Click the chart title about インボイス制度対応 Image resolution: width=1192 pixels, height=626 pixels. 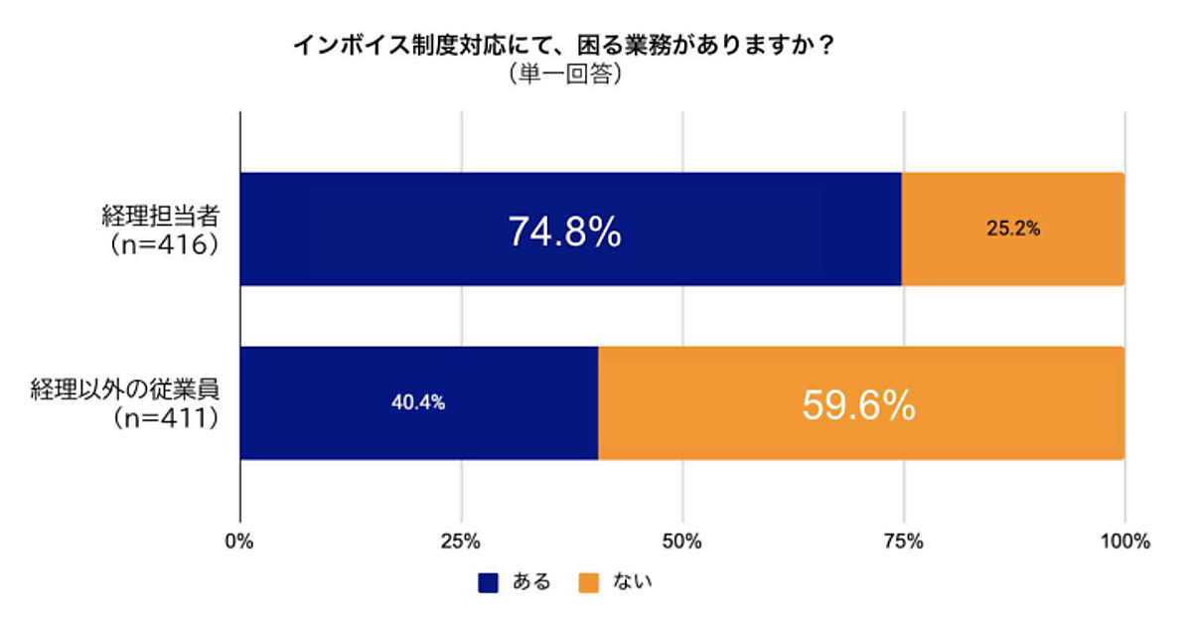(x=562, y=46)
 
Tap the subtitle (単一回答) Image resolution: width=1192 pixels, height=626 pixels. (x=562, y=74)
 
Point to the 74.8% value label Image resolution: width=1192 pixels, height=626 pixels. (x=564, y=232)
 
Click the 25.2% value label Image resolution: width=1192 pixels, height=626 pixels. (x=1013, y=230)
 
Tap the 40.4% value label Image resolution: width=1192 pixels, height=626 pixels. (x=417, y=403)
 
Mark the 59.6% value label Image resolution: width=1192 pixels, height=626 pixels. (x=858, y=404)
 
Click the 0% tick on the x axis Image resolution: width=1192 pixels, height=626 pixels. (x=239, y=543)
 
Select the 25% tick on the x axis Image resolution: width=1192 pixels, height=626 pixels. (x=461, y=543)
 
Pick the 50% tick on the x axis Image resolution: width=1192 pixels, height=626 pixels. (x=682, y=543)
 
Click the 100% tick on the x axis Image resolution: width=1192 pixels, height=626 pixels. (x=1124, y=543)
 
